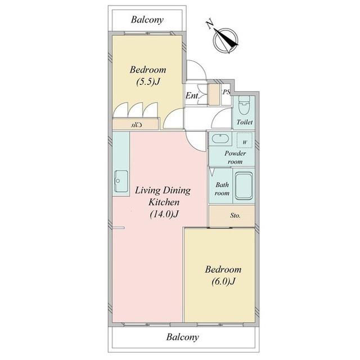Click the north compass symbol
(x=225, y=41)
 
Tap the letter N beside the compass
(x=209, y=25)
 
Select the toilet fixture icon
(x=244, y=105)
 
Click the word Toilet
(x=245, y=122)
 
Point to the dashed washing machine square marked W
(x=245, y=140)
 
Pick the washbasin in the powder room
(x=220, y=138)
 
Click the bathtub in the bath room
(x=244, y=186)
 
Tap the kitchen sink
(x=121, y=181)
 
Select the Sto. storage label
(x=235, y=215)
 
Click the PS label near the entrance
(x=226, y=92)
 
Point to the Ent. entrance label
(x=192, y=96)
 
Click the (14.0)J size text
(x=164, y=214)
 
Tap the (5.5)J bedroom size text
(x=148, y=82)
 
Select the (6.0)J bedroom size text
(x=223, y=281)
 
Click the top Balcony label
(x=147, y=20)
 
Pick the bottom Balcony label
(x=182, y=337)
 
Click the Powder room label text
(x=235, y=157)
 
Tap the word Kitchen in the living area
(x=164, y=202)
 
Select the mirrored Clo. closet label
(x=136, y=125)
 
